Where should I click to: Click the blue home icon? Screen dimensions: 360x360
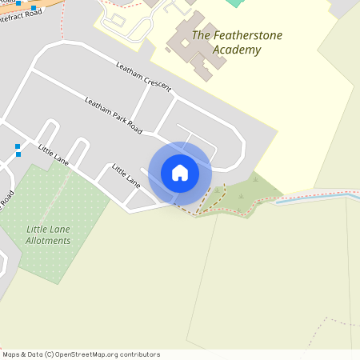pyautogui.click(x=180, y=173)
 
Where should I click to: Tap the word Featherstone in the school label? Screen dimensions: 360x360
pyautogui.click(x=248, y=35)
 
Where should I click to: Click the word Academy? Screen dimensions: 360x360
pyautogui.click(x=238, y=50)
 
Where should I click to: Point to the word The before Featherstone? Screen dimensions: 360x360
pyautogui.click(x=202, y=35)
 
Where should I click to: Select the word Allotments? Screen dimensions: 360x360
pyautogui.click(x=48, y=240)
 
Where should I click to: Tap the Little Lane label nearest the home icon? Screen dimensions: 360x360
pyautogui.click(x=126, y=175)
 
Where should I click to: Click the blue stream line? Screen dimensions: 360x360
pyautogui.click(x=312, y=197)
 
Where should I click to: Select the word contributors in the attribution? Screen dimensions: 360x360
pyautogui.click(x=140, y=354)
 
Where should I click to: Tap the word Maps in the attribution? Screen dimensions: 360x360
pyautogui.click(x=11, y=354)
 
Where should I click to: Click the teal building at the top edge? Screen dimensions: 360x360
pyautogui.click(x=234, y=2)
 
